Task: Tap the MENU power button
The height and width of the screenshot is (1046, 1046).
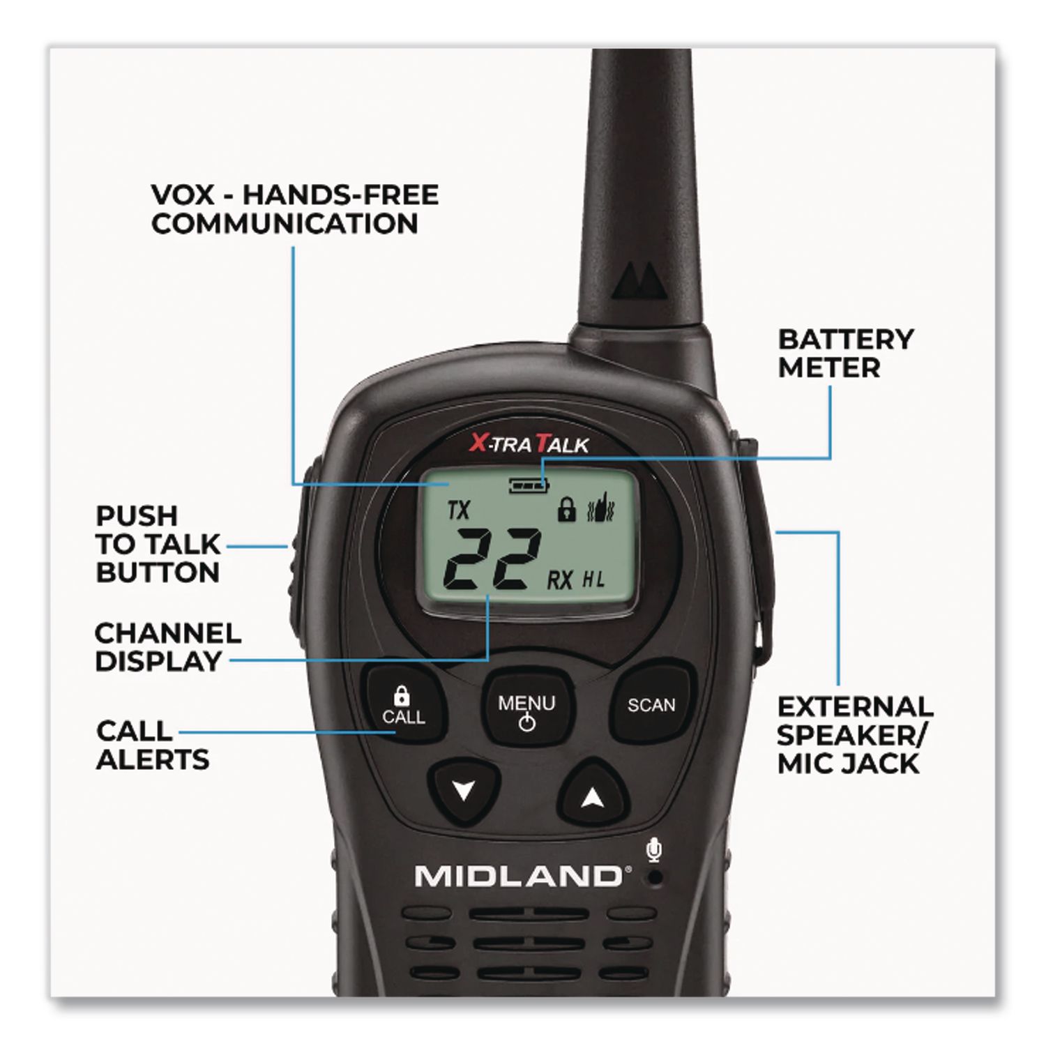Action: pyautogui.click(x=527, y=707)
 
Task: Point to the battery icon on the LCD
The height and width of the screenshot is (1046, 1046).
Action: pyautogui.click(x=529, y=484)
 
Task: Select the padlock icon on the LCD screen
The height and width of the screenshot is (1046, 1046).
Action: pyautogui.click(x=566, y=510)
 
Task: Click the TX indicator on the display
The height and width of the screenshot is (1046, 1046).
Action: pyautogui.click(x=459, y=510)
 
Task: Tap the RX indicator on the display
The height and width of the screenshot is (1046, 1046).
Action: pyautogui.click(x=559, y=579)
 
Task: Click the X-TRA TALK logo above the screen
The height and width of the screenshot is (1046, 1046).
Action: pyautogui.click(x=529, y=443)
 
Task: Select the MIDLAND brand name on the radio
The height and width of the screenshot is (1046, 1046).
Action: pyautogui.click(x=518, y=877)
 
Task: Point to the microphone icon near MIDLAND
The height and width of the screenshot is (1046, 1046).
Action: pyautogui.click(x=653, y=850)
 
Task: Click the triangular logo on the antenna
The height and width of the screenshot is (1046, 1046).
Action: pyautogui.click(x=640, y=281)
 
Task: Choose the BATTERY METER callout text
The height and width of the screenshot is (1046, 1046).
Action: pyautogui.click(x=845, y=354)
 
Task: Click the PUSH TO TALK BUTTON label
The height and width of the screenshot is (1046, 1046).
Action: pyautogui.click(x=158, y=544)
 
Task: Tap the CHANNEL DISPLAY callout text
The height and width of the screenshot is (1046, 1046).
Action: pyautogui.click(x=168, y=647)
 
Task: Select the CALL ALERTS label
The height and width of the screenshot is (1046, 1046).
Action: pyautogui.click(x=153, y=745)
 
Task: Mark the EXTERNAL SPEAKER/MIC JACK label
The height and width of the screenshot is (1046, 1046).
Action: pyautogui.click(x=855, y=735)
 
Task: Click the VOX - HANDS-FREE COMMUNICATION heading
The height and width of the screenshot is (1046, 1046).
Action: pyautogui.click(x=295, y=209)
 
